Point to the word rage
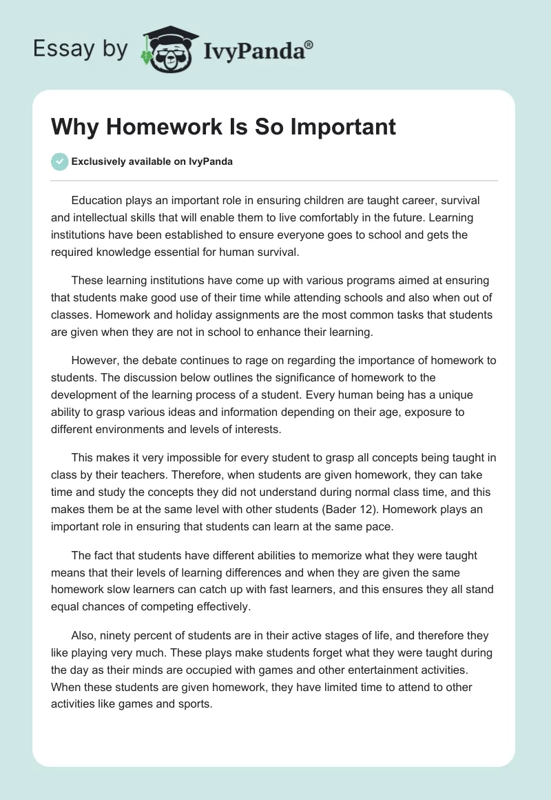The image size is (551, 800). click(x=272, y=361)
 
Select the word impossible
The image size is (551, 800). click(x=177, y=458)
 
